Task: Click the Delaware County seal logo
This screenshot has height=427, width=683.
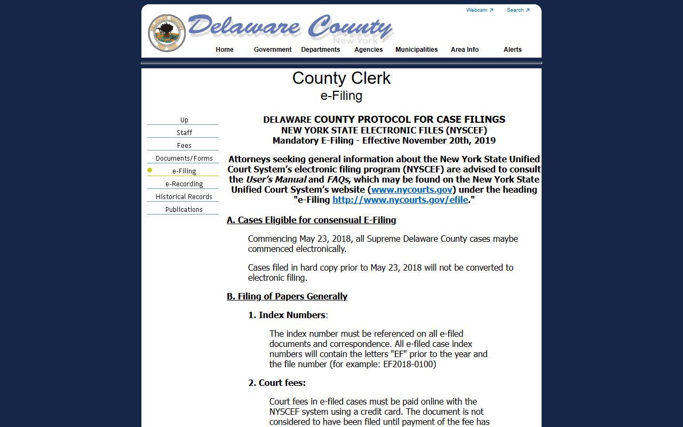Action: point(167,33)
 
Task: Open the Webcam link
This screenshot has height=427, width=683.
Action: point(479,10)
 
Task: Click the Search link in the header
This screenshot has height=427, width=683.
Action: point(518,10)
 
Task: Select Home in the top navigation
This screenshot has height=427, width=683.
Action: point(225,50)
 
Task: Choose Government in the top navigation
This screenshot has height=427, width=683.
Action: point(273,50)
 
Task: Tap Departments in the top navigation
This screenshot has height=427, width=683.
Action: point(321,50)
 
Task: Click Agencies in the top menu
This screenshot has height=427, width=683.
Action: point(369,50)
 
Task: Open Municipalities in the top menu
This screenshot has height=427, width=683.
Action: point(417,50)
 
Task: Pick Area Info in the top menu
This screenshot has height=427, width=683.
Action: point(465,50)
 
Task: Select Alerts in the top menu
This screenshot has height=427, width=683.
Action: point(513,50)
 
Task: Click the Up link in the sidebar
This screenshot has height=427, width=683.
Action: point(184,120)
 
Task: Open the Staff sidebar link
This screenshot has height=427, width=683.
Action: point(184,133)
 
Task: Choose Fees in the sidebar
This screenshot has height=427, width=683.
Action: point(184,146)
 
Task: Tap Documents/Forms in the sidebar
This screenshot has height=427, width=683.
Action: point(184,159)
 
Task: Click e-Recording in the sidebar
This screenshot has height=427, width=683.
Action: point(184,184)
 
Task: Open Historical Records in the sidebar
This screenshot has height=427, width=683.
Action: point(184,197)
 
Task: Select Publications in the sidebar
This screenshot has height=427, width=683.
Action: point(184,210)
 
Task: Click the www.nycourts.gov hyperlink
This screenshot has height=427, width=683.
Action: point(412,189)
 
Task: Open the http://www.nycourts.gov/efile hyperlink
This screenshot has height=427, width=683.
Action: point(400,200)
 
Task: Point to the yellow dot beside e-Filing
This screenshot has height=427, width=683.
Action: point(150,170)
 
